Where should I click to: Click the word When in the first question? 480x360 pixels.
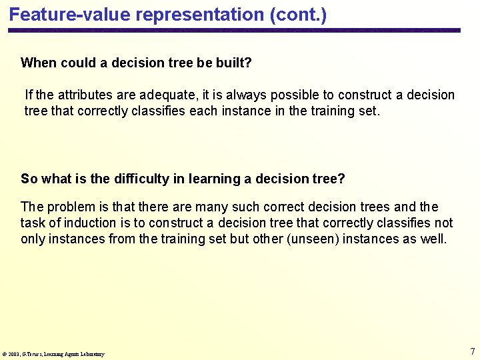point(39,63)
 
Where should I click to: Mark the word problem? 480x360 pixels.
point(69,207)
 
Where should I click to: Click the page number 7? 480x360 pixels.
point(472,351)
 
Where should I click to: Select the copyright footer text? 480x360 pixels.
point(53,354)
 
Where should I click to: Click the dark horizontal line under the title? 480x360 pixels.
point(233,30)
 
